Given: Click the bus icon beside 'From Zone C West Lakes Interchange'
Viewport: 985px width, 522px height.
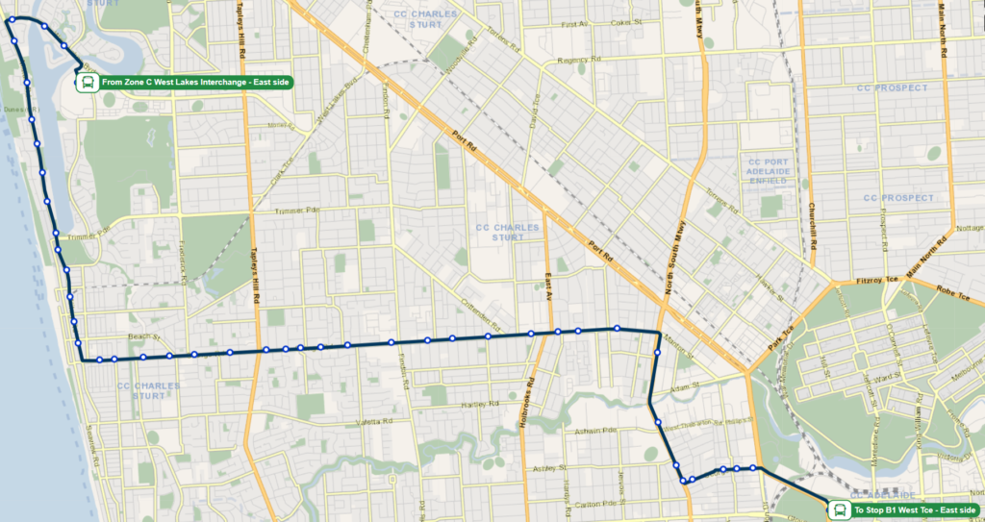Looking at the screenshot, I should (x=87, y=83).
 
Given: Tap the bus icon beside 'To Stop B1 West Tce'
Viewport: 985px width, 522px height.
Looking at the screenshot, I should (x=839, y=510).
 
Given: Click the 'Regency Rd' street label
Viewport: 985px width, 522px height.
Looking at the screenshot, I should (x=578, y=60).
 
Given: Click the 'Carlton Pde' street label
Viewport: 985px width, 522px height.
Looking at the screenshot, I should (x=586, y=504).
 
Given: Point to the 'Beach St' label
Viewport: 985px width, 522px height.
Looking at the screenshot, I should (x=141, y=336).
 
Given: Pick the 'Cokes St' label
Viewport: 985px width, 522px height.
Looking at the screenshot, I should (x=625, y=22).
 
